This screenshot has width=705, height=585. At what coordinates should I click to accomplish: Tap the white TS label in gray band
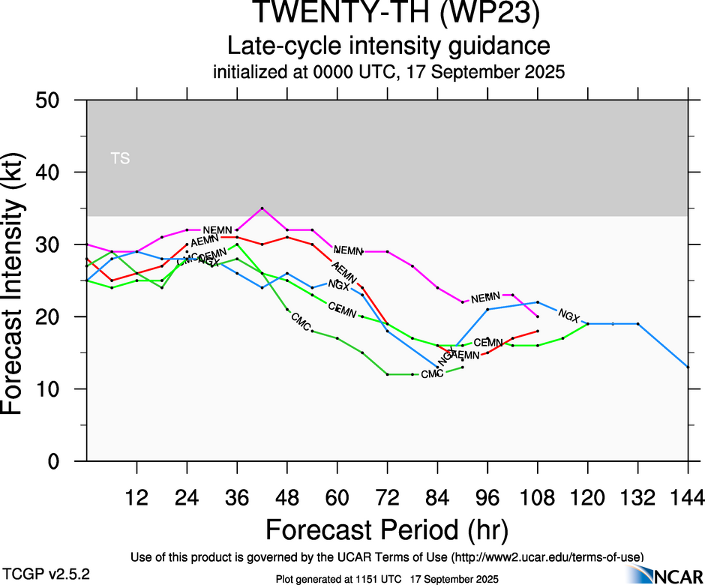pyautogui.click(x=120, y=158)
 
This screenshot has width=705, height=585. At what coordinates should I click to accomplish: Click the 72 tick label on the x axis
pyautogui.click(x=387, y=496)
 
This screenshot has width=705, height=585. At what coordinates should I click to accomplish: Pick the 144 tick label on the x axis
pyautogui.click(x=688, y=496)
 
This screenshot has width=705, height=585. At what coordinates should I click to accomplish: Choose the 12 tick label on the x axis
pyautogui.click(x=136, y=496)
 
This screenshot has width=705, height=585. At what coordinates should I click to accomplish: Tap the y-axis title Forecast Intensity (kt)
pyautogui.click(x=20, y=280)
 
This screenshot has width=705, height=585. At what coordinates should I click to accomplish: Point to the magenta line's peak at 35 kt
pyautogui.click(x=262, y=208)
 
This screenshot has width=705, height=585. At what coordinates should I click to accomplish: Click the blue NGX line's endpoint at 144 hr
pyautogui.click(x=688, y=367)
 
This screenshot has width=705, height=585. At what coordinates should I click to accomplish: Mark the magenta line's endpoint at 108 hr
pyautogui.click(x=538, y=317)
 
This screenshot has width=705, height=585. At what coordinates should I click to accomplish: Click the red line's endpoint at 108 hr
pyautogui.click(x=538, y=331)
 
